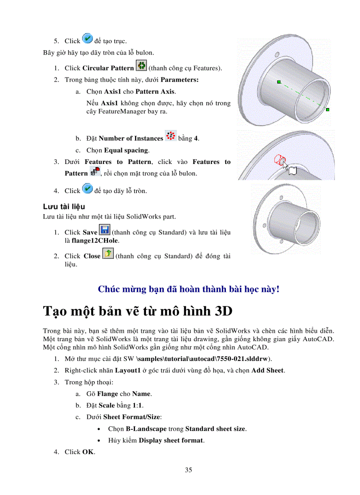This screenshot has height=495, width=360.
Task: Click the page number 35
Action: tap(188, 470)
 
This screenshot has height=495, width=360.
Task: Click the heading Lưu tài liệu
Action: tap(64, 206)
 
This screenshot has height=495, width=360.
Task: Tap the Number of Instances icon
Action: tap(170, 136)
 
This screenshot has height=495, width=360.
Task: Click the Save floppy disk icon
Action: tap(105, 230)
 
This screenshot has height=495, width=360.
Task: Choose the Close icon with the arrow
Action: tap(108, 254)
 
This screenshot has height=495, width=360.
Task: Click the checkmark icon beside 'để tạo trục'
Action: tap(87, 40)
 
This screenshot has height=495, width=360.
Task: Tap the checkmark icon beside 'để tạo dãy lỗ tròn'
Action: tap(87, 190)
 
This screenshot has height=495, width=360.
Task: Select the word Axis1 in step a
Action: tap(112, 92)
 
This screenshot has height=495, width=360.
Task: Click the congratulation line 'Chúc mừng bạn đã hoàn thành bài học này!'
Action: tap(188, 290)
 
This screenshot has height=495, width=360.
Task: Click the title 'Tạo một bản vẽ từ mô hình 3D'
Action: tap(138, 311)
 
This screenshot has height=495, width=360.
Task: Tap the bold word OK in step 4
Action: tap(88, 452)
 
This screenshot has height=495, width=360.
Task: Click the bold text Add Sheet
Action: tap(268, 370)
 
